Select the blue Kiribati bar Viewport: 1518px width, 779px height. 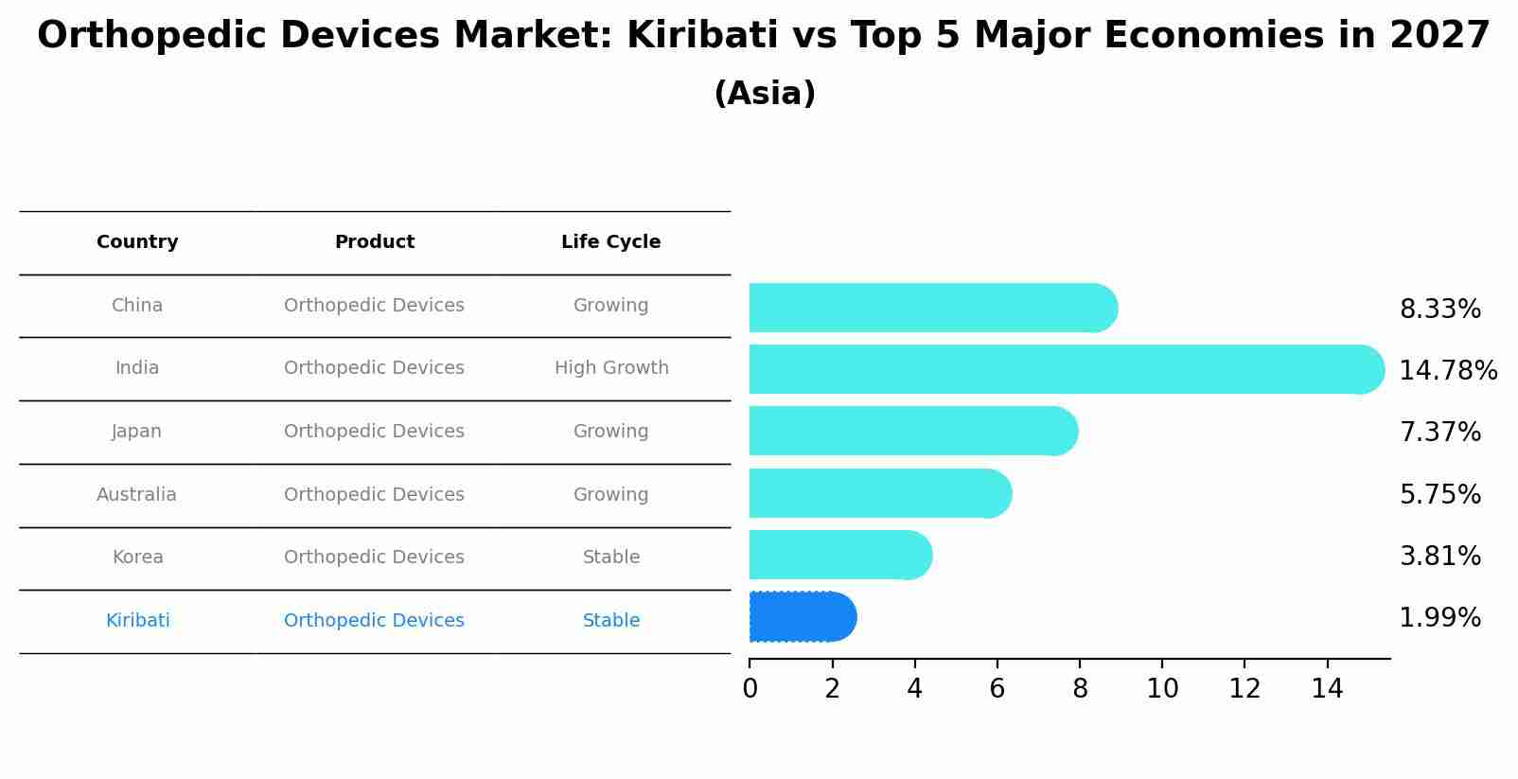click(x=801, y=617)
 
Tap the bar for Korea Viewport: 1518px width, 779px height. click(x=838, y=555)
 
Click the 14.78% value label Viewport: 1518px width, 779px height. click(x=1447, y=370)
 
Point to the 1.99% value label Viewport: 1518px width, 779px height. click(x=1439, y=618)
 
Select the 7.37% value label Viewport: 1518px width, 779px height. click(x=1439, y=433)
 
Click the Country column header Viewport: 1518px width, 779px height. click(x=137, y=242)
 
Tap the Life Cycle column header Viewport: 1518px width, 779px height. click(x=610, y=242)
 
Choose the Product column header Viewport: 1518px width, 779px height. click(x=374, y=242)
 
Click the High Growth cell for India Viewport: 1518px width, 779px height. click(x=610, y=368)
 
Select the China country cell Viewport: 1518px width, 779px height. click(x=137, y=306)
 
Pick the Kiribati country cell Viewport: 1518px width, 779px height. click(x=137, y=621)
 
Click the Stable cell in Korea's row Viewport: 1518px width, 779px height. click(x=610, y=558)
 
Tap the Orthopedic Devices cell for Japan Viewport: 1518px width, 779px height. click(x=374, y=432)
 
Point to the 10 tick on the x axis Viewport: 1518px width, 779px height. click(x=1162, y=689)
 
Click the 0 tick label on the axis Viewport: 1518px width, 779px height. click(x=750, y=689)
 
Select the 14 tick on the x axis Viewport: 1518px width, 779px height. click(x=1327, y=689)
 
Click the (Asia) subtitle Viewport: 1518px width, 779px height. click(x=764, y=94)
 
